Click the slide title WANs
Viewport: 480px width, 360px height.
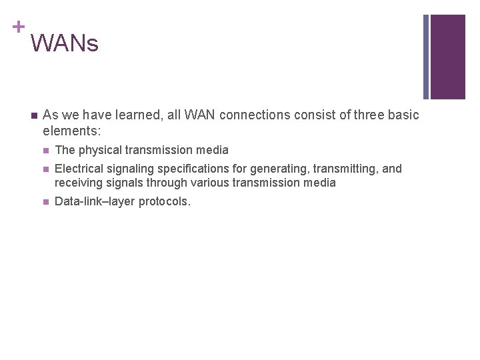(x=64, y=43)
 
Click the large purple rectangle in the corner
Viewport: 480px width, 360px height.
(x=447, y=57)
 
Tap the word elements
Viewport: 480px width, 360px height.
(x=71, y=131)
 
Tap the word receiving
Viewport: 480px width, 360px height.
(x=78, y=183)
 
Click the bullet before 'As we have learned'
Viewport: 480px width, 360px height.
(x=32, y=115)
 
